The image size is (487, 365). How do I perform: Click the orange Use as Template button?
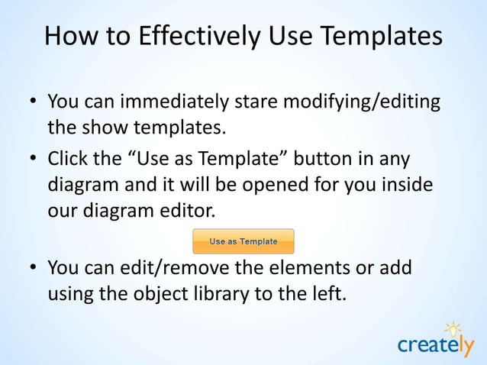click(x=243, y=241)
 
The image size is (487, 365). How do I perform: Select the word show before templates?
click(x=104, y=124)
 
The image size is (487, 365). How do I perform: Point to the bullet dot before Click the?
click(x=34, y=162)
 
